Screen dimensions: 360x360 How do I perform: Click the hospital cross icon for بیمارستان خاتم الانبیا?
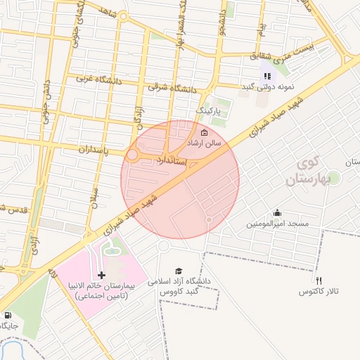[102, 274]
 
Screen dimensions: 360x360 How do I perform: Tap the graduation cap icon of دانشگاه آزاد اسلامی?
[179, 271]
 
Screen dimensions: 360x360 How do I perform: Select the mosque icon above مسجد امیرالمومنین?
[278, 213]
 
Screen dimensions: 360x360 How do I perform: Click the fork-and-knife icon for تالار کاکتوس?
[319, 280]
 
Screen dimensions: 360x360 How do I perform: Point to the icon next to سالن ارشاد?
[205, 132]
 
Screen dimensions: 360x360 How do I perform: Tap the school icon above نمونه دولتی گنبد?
[266, 75]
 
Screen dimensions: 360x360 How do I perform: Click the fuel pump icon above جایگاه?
[8, 315]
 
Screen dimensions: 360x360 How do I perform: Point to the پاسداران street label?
[84, 150]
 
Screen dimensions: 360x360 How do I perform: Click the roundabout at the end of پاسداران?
[132, 155]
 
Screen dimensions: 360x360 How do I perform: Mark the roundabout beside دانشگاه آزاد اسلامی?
[164, 246]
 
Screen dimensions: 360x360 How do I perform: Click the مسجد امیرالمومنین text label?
[277, 224]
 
